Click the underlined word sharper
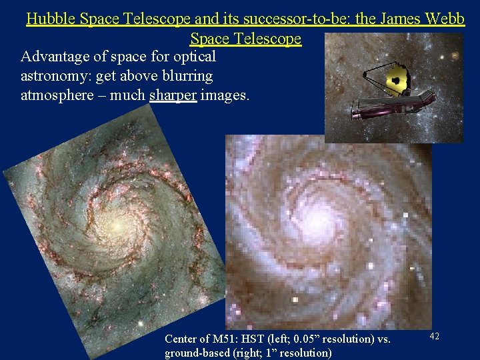[x=173, y=95]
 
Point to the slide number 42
[x=433, y=337]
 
